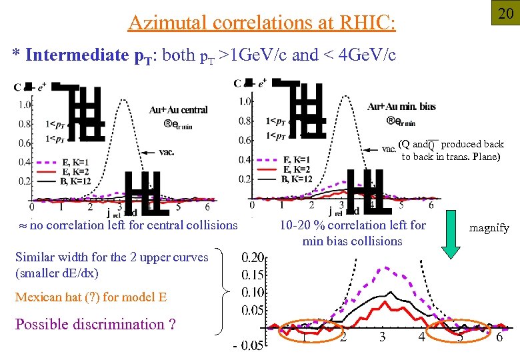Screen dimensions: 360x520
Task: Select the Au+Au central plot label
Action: tap(178, 110)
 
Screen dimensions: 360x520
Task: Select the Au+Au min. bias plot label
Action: tap(401, 107)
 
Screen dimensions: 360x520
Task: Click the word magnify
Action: tap(489, 228)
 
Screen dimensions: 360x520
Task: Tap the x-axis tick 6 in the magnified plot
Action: tap(499, 337)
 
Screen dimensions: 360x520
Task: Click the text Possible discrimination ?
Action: tap(95, 325)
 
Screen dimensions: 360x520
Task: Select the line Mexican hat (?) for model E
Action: tap(91, 297)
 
